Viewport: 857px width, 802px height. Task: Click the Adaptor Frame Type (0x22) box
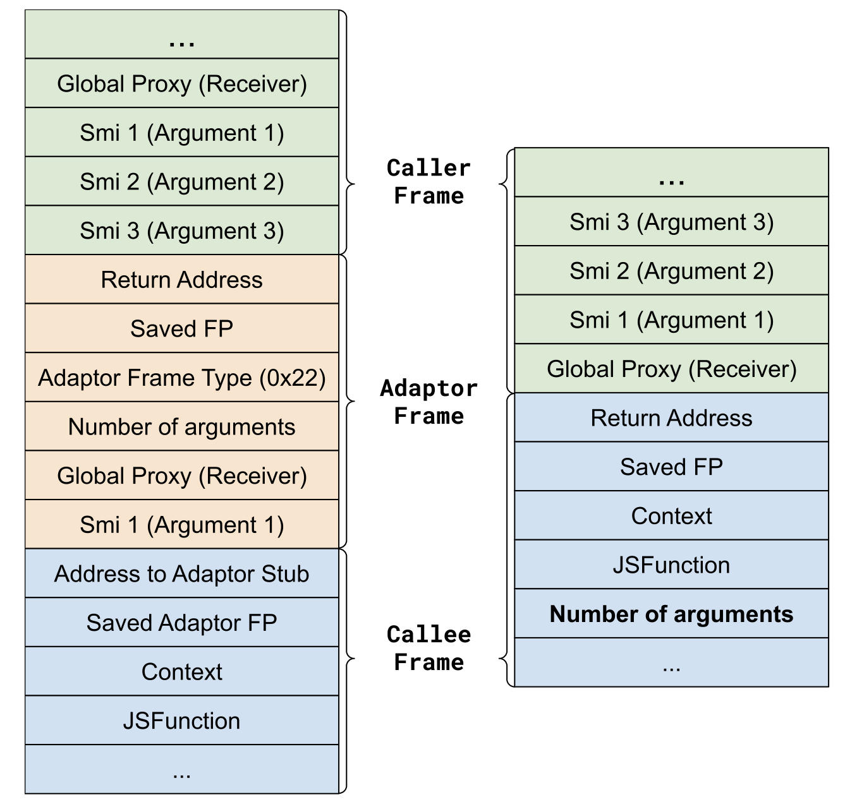pos(182,378)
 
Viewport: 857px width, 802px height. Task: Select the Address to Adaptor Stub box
pos(182,573)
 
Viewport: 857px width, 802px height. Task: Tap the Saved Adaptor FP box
pos(182,623)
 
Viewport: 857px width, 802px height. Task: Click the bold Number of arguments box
pos(671,614)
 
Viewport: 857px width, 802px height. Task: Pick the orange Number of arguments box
pos(182,427)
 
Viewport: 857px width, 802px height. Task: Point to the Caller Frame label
pos(428,182)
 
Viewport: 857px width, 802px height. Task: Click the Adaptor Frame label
pos(428,402)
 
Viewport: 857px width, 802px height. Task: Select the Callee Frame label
pos(428,649)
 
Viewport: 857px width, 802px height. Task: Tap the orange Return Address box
pos(182,280)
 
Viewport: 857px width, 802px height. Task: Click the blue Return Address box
pos(671,418)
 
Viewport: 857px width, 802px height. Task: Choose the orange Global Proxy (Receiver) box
pos(182,476)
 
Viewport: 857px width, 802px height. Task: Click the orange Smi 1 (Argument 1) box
pos(182,525)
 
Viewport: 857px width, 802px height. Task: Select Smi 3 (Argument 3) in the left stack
pos(182,231)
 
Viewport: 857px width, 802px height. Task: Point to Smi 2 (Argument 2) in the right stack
pos(671,271)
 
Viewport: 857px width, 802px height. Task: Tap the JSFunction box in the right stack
pos(671,565)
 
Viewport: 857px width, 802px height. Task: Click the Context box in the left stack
pos(182,672)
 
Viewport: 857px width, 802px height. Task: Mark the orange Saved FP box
pos(182,328)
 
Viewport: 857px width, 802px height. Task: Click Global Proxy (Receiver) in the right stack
pos(671,369)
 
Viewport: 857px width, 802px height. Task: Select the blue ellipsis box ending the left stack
pos(182,770)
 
